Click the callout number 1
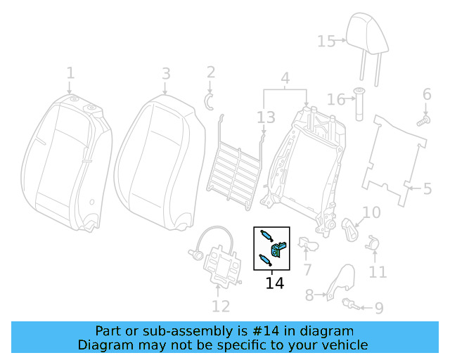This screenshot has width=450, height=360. point(70,73)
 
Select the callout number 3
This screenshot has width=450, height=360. point(165,73)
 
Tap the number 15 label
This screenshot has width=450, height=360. point(326,41)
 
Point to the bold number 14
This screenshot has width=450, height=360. point(274,283)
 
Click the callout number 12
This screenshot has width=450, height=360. point(221,306)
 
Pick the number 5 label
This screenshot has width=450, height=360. point(427,188)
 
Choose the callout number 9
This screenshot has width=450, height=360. point(378,307)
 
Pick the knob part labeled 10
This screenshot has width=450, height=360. point(349,226)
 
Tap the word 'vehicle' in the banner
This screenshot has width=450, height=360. point(342,345)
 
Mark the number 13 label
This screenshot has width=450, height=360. point(265,117)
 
